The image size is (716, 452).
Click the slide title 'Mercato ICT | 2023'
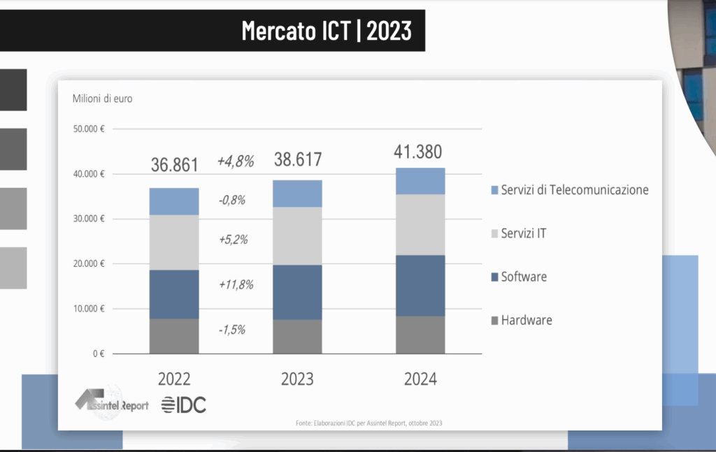click(327, 31)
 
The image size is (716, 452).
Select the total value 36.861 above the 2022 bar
click(175, 165)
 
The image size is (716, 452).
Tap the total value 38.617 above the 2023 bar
click(297, 160)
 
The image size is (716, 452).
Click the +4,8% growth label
click(235, 161)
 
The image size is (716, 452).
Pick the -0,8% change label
click(231, 201)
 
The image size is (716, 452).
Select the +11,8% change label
click(235, 284)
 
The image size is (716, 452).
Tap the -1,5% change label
click(231, 330)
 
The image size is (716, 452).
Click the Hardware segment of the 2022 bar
click(174, 336)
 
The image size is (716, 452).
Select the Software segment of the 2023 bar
click(297, 292)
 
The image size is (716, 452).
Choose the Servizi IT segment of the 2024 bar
click(420, 224)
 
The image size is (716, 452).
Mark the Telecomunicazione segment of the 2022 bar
click(174, 201)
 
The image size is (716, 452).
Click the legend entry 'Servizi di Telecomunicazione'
click(574, 190)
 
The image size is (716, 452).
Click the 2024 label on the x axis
click(420, 379)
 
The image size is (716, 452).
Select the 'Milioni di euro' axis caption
click(102, 98)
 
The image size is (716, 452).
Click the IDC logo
click(183, 404)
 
